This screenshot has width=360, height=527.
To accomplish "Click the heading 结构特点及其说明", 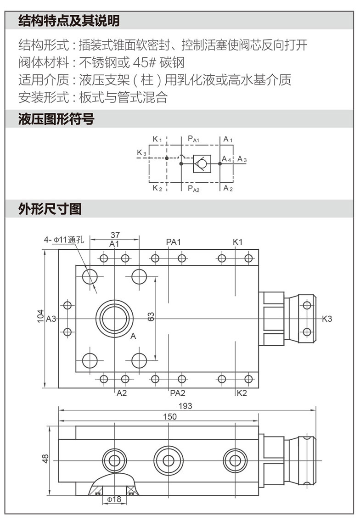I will pyautogui.click(x=69, y=21).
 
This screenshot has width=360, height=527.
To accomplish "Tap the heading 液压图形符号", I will pyautogui.click(x=56, y=120).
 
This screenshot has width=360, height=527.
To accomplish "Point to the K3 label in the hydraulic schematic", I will pyautogui.click(x=141, y=153).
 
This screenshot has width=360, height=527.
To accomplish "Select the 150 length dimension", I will pyautogui.click(x=169, y=416).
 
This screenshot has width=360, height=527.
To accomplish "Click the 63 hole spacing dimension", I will pyautogui.click(x=151, y=316).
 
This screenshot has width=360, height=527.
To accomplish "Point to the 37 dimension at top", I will pyautogui.click(x=115, y=235).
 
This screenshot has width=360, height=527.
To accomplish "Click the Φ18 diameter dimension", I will pyautogui.click(x=113, y=499).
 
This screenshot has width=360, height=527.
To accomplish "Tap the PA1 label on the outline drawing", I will pyautogui.click(x=174, y=242).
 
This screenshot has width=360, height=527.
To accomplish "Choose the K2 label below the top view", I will pyautogui.click(x=242, y=393).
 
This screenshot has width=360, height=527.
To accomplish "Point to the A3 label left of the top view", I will pyautogui.click(x=51, y=319).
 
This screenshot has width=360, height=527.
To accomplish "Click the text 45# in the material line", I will pyautogui.click(x=143, y=62).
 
